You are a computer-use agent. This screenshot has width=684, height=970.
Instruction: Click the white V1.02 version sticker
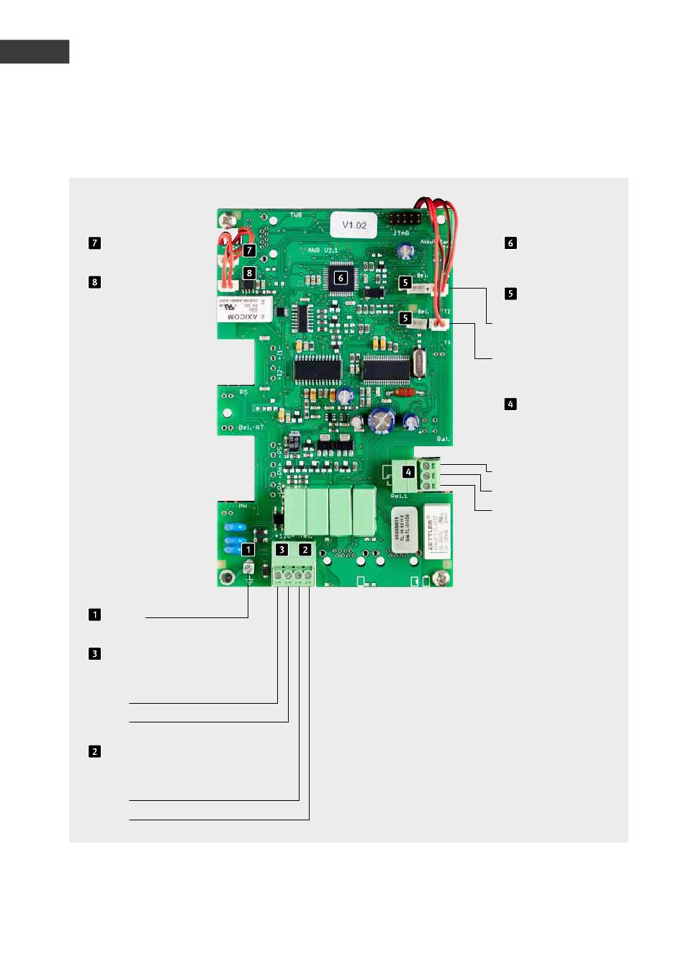pyautogui.click(x=354, y=225)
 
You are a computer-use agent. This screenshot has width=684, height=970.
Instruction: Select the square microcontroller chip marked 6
pyautogui.click(x=341, y=278)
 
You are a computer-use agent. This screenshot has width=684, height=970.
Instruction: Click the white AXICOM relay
pyautogui.click(x=245, y=309)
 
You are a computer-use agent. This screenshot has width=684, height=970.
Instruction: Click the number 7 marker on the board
pyautogui.click(x=249, y=250)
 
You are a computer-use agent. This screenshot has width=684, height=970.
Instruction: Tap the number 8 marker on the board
pyautogui.click(x=249, y=273)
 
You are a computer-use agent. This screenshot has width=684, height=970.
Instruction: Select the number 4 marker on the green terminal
pyautogui.click(x=409, y=472)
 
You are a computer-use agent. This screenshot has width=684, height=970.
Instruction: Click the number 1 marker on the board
pyautogui.click(x=248, y=549)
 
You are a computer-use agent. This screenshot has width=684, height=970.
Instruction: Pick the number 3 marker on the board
pyautogui.click(x=282, y=549)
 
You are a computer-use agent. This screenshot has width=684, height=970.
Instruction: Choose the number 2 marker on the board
pyautogui.click(x=305, y=549)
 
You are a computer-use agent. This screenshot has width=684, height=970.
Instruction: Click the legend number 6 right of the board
pyautogui.click(x=510, y=243)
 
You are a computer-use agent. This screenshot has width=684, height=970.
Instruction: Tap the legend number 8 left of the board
pyautogui.click(x=94, y=282)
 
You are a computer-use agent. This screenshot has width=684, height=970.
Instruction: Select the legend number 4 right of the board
pyautogui.click(x=510, y=404)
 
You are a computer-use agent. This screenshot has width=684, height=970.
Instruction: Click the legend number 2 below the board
pyautogui.click(x=94, y=751)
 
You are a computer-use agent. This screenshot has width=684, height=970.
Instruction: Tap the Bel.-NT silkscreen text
pyautogui.click(x=251, y=427)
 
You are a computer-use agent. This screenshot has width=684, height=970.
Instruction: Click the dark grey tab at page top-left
pyautogui.click(x=35, y=52)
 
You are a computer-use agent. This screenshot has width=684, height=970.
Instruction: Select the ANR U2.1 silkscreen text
pyautogui.click(x=323, y=250)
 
